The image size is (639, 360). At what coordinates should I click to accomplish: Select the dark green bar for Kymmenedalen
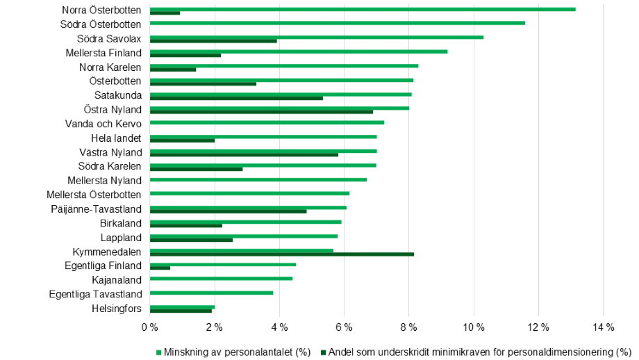[x=282, y=254]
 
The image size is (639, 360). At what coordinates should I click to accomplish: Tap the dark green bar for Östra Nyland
[x=261, y=112]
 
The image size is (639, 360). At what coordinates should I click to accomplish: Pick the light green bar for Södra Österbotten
[x=338, y=23]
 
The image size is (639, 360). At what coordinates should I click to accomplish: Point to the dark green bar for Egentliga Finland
[x=160, y=268]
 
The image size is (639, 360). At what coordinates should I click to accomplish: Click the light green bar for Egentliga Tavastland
[x=211, y=293]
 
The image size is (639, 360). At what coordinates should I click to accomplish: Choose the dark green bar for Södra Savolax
[x=213, y=41]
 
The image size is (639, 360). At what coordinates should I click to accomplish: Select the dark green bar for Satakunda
[x=236, y=98]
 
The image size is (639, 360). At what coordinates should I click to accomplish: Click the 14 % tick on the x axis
[x=603, y=327]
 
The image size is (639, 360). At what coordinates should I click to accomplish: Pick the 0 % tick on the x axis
[x=149, y=327]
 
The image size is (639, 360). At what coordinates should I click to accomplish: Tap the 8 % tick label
[x=408, y=327]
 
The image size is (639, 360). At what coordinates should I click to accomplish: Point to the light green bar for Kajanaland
[x=221, y=279]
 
